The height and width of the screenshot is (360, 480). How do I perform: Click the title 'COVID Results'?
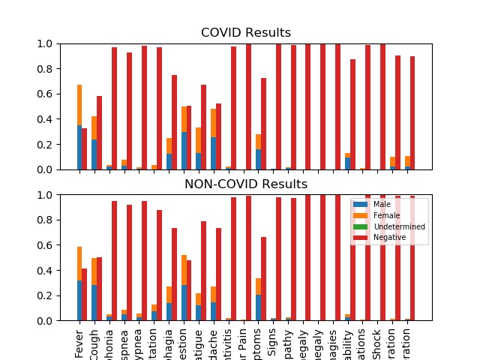click(246, 33)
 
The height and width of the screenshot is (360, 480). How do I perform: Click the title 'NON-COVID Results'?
click(246, 184)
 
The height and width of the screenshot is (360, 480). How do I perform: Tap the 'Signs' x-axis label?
click(277, 343)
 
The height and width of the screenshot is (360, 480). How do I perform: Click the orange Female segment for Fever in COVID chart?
click(79, 105)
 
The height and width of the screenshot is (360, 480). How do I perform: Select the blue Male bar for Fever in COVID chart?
click(79, 148)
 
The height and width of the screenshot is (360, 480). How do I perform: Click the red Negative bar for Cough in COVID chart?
click(100, 133)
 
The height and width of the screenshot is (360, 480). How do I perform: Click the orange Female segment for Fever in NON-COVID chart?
click(79, 264)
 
